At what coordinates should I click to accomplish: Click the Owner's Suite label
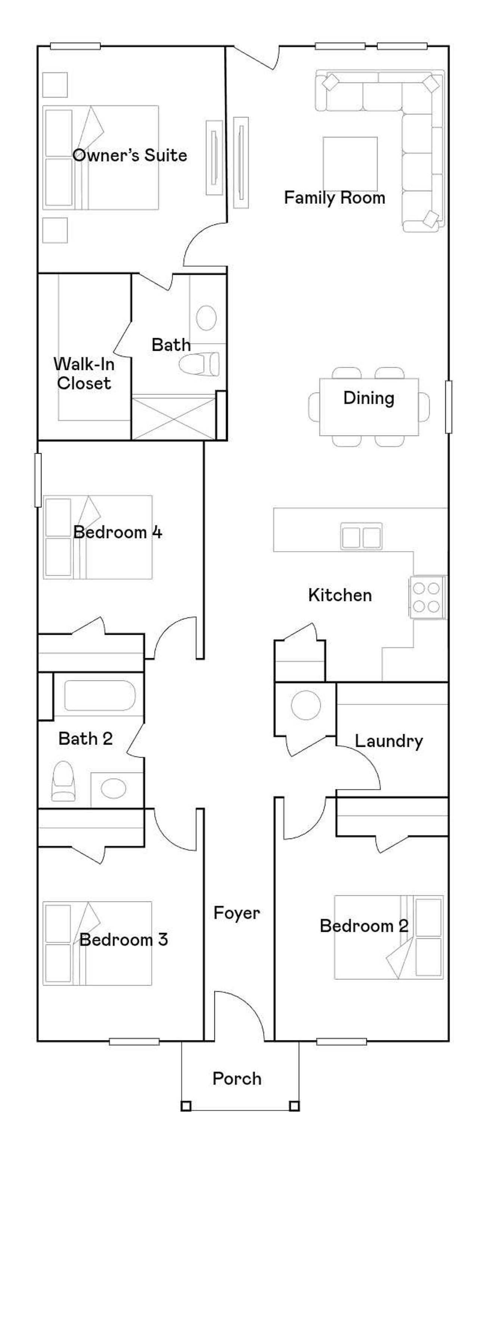click(130, 155)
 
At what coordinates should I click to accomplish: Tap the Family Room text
click(334, 198)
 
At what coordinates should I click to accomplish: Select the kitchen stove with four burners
click(427, 597)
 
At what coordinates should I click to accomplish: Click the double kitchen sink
click(361, 536)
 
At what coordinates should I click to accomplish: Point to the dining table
click(369, 407)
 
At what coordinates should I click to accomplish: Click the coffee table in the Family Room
click(350, 164)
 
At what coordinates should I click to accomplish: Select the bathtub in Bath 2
click(99, 695)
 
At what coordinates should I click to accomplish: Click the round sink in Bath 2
click(114, 788)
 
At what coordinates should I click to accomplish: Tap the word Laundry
click(389, 742)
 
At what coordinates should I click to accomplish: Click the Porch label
click(237, 1079)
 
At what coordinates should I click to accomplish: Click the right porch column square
click(294, 1106)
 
